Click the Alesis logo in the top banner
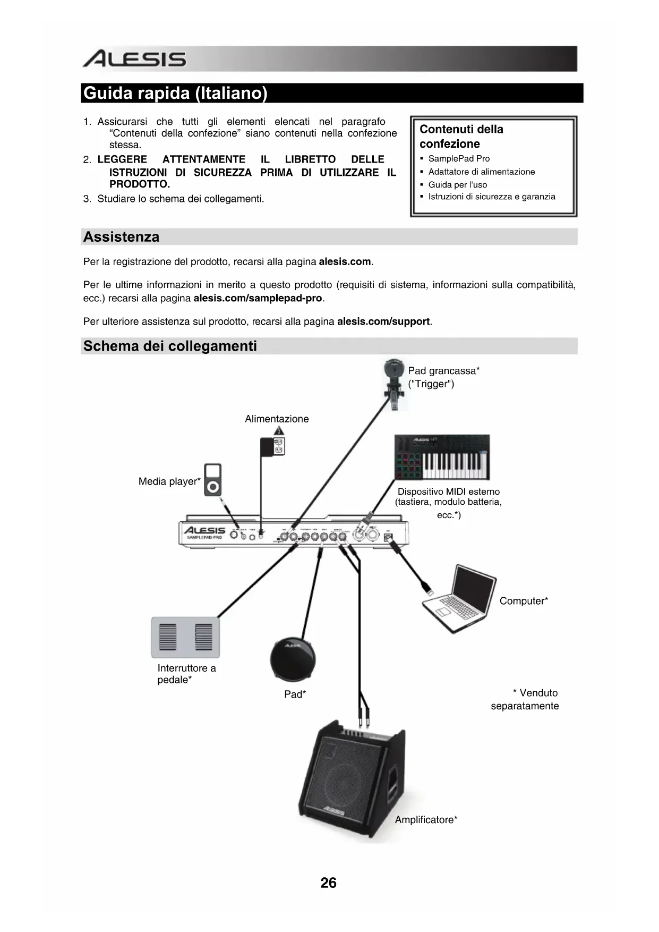pyautogui.click(x=134, y=58)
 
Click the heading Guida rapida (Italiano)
pyautogui.click(x=175, y=93)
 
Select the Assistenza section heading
pyautogui.click(x=121, y=237)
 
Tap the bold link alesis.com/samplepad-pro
pyautogui.click(x=258, y=298)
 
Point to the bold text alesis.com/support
pyautogui.click(x=383, y=321)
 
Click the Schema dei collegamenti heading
pyautogui.click(x=170, y=346)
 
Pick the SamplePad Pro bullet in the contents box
pyautogui.click(x=459, y=158)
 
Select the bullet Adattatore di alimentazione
pyautogui.click(x=481, y=172)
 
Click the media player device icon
pyautogui.click(x=213, y=480)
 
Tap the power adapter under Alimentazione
pyautogui.click(x=272, y=446)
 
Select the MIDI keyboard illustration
pyautogui.click(x=442, y=457)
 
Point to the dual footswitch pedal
pyautogui.click(x=185, y=637)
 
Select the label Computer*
pyautogui.click(x=524, y=601)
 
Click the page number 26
pyautogui.click(x=328, y=883)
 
